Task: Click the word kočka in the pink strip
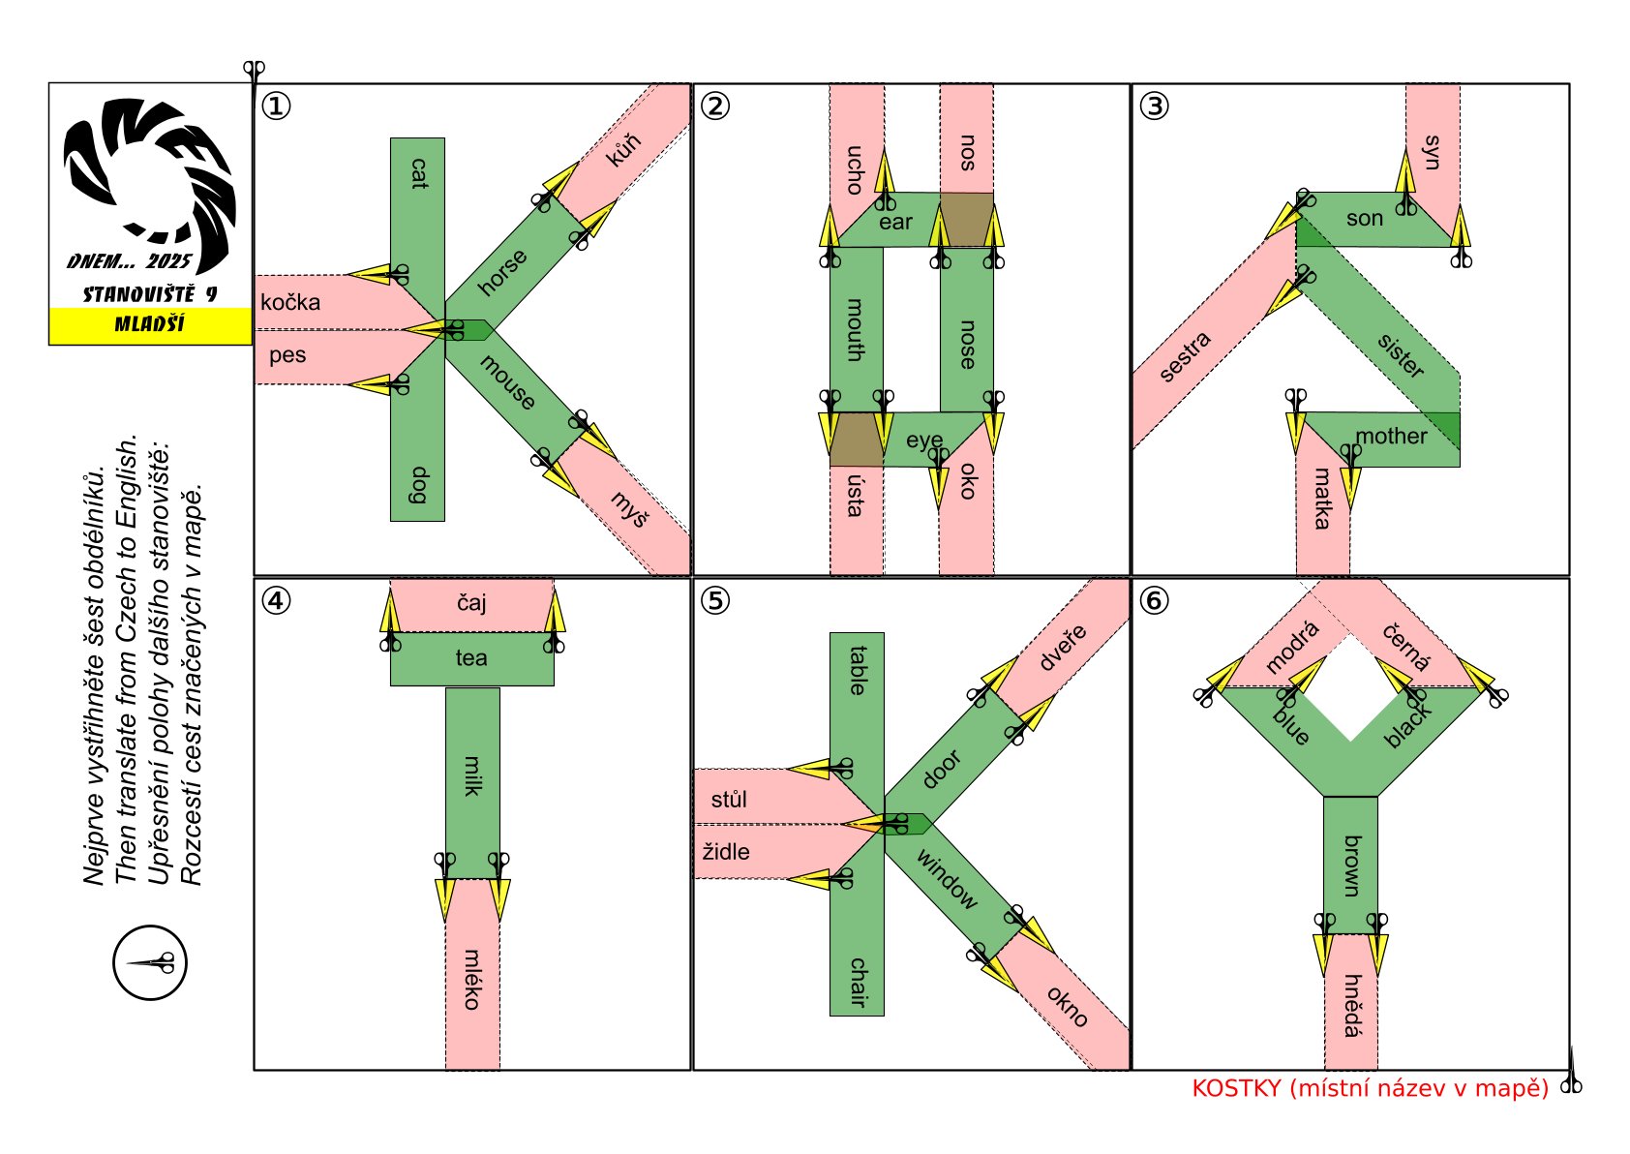coord(290,302)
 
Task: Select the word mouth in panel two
coord(856,329)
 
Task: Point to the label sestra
coord(1185,356)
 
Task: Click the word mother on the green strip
coord(1391,436)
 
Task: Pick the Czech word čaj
coord(471,602)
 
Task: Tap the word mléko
coord(472,980)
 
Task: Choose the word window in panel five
coord(947,879)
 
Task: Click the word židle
coord(726,851)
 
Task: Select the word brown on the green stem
coord(1351,865)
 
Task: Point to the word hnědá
coord(1351,1006)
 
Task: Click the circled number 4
coord(276,601)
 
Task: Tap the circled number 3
coord(1154,106)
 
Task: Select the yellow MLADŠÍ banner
coord(151,325)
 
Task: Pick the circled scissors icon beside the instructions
coord(150,962)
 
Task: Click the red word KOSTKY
coord(1236,1088)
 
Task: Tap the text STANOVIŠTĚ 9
coord(150,294)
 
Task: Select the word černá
coord(1406,647)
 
